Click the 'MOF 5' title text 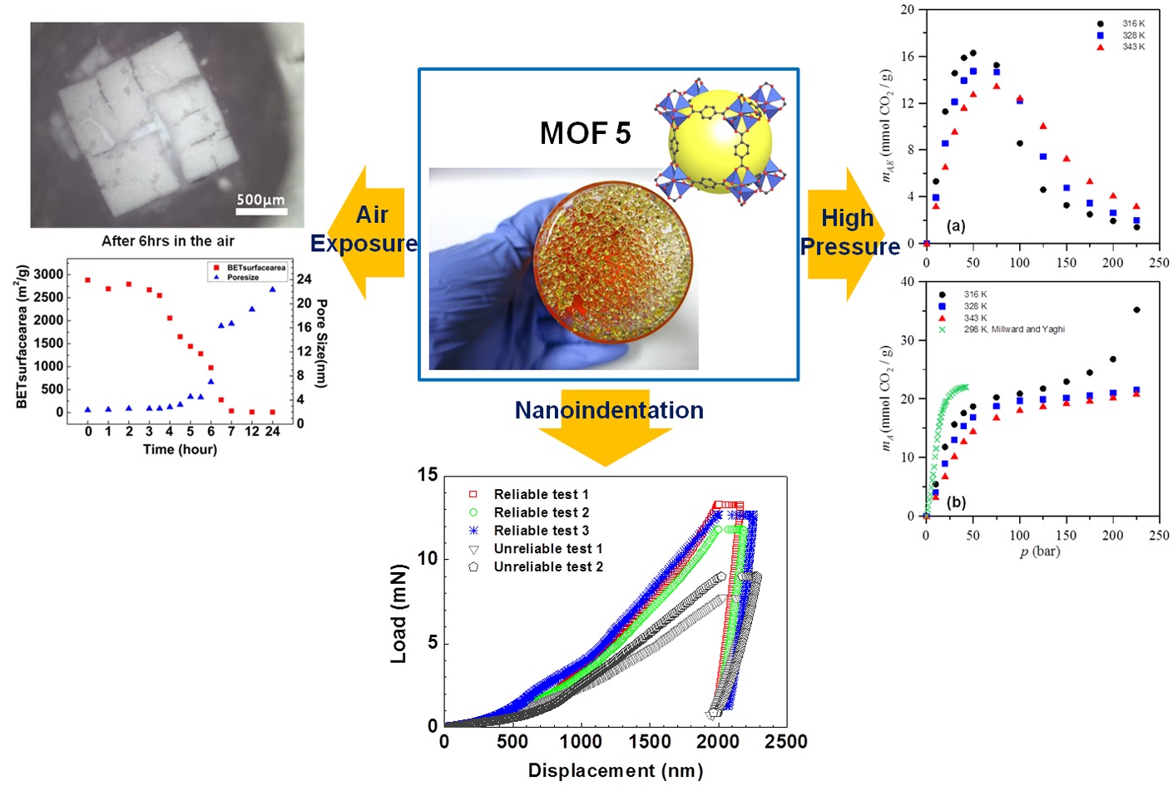(585, 133)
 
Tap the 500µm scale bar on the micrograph (261, 210)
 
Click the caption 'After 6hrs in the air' (168, 241)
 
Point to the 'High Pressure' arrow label (849, 232)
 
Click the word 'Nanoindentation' (609, 410)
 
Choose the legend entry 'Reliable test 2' (541, 512)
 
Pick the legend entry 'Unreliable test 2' (547, 566)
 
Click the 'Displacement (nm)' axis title (616, 770)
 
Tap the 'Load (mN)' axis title (399, 614)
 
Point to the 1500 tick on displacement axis (650, 742)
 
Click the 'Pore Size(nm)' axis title (321, 344)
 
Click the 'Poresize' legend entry (242, 277)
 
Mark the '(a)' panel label (955, 225)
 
